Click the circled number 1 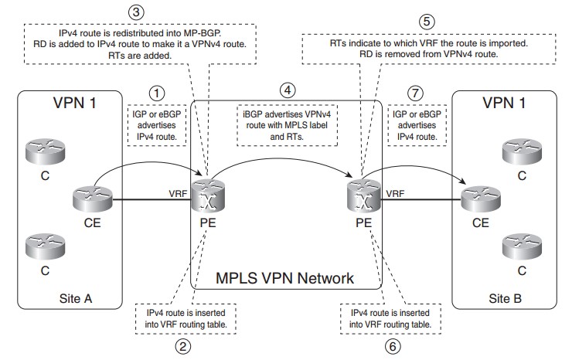point(158,92)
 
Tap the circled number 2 point(182,346)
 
